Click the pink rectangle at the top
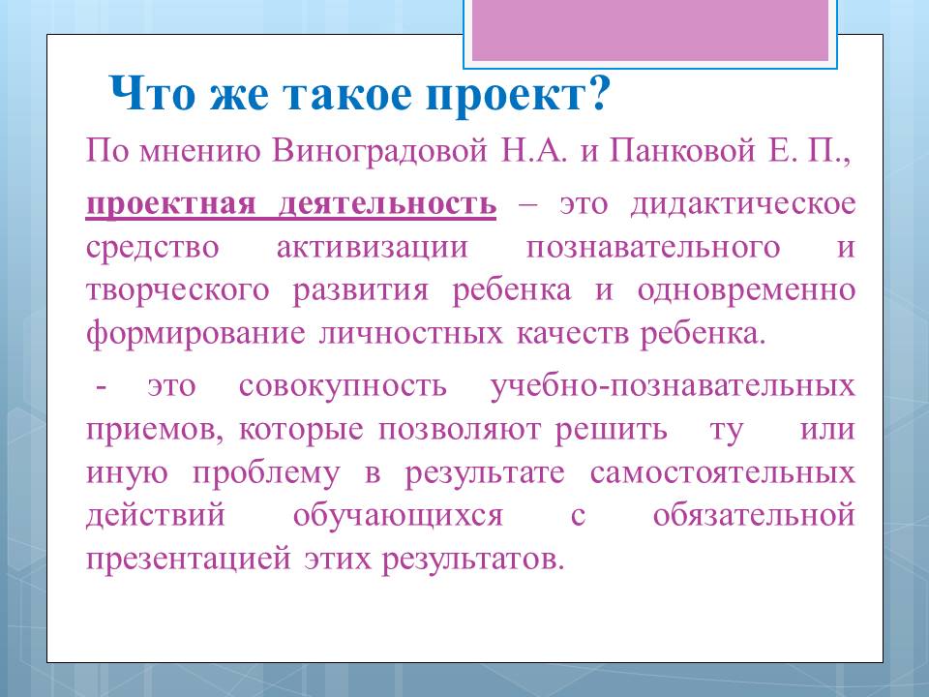[650, 30]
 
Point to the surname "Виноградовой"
[379, 151]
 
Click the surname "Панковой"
[682, 151]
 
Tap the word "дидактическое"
[743, 204]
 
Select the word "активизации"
[372, 247]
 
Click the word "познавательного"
[653, 247]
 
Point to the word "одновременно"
[746, 290]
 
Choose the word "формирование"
[195, 333]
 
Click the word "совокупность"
[343, 386]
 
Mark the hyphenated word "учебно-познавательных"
[674, 386]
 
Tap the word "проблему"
[267, 474]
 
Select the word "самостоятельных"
[723, 473]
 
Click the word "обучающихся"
[398, 517]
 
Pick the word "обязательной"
[754, 515]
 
